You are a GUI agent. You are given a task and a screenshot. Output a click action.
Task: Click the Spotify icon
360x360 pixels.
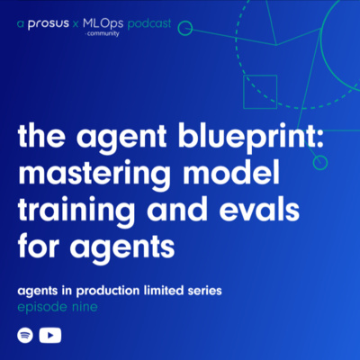(25, 336)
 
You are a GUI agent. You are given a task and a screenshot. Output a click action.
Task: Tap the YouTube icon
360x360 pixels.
(51, 336)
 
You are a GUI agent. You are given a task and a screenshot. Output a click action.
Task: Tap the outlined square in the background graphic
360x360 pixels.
(260, 92)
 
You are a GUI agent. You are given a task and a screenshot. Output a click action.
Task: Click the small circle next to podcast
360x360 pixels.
(185, 28)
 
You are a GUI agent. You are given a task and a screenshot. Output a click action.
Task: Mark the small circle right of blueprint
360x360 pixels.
(319, 162)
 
